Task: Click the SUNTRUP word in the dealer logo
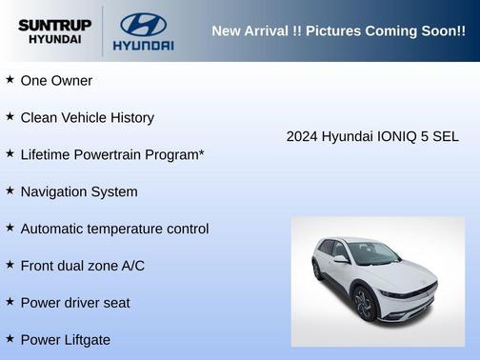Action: tap(54, 25)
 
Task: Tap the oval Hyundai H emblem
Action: tap(143, 24)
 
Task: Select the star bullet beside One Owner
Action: tap(10, 80)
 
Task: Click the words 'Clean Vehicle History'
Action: tap(87, 117)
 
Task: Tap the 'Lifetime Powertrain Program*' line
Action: tap(112, 154)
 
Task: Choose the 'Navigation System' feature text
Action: tap(78, 191)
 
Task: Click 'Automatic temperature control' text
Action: tap(114, 229)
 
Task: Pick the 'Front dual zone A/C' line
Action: tap(82, 266)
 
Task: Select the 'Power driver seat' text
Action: tap(75, 303)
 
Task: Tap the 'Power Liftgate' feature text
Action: tap(65, 339)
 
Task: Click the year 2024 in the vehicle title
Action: tap(302, 136)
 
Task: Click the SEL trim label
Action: tap(444, 136)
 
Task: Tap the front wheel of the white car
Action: tap(363, 304)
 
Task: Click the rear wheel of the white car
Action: tap(317, 270)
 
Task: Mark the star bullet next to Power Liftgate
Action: tap(10, 339)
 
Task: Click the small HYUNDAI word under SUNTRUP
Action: tap(54, 40)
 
